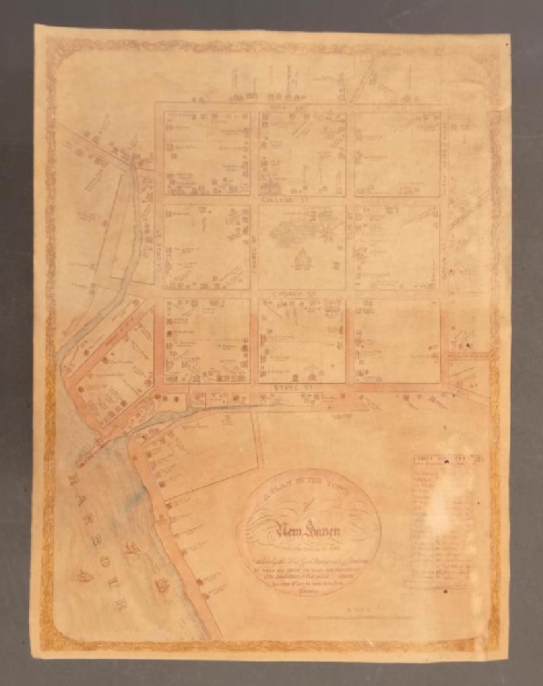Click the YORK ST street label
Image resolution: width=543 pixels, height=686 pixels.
coord(302,107)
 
